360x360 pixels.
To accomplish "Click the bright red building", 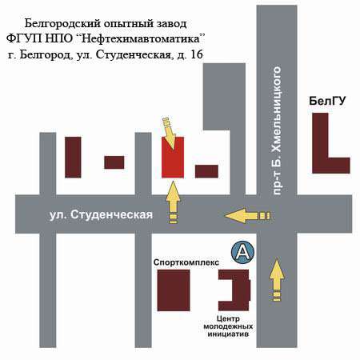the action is [173, 158].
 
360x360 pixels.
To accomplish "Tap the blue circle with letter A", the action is [242, 252].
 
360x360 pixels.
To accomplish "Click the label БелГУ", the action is [327, 101].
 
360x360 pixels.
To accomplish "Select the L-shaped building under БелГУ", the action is [321, 150].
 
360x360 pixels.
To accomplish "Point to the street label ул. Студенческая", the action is [102, 215].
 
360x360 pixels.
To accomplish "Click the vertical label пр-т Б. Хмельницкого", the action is [277, 130].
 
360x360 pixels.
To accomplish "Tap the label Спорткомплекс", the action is [186, 262].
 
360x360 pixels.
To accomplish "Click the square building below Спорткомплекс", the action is [174, 290].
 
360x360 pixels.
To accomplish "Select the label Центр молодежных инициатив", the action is [228, 326].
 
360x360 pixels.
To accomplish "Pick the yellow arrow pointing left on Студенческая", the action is [247, 216].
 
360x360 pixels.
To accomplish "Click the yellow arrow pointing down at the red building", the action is [169, 134].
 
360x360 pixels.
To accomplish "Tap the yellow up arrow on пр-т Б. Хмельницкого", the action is [277, 281].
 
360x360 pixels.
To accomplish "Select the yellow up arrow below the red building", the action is [174, 202].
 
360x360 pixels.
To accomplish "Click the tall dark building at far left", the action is [73, 157].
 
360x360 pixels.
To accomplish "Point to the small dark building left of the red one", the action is [114, 162].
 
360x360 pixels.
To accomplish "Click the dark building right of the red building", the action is [206, 171].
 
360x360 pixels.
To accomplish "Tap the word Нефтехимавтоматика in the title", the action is [140, 39].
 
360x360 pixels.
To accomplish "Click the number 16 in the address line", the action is [196, 54].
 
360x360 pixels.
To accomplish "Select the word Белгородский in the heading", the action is [62, 24].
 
